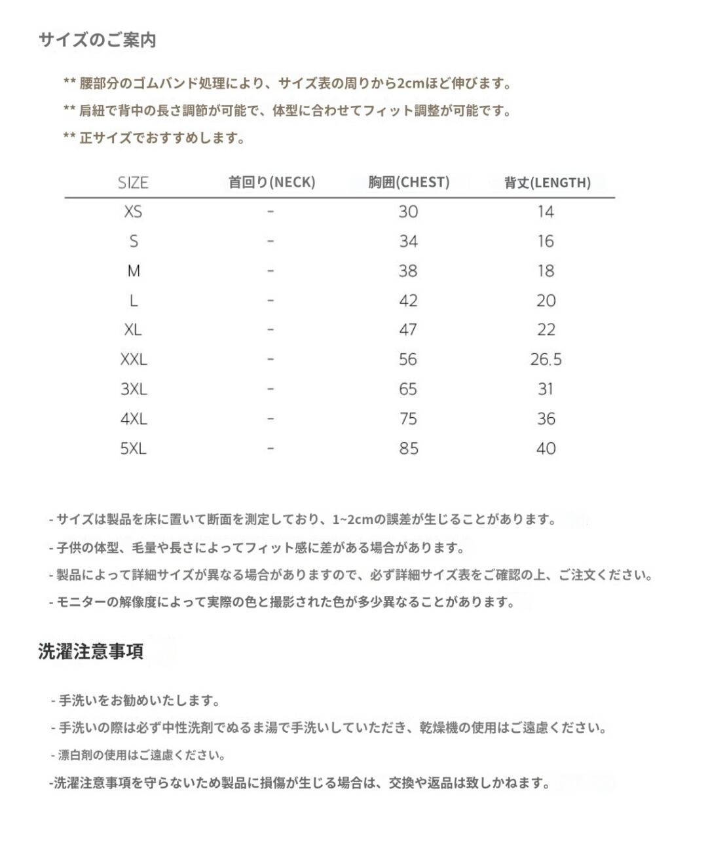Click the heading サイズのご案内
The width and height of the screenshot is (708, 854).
tap(97, 40)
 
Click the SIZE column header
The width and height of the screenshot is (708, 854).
tap(133, 183)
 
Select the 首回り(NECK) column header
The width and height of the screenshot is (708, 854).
tap(271, 182)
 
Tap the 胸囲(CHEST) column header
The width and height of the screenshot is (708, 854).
tap(409, 182)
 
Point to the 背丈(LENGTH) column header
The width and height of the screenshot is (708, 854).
tap(547, 183)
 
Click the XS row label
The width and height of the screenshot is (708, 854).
tap(133, 212)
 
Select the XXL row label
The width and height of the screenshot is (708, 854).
tap(134, 360)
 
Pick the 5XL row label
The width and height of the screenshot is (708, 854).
tap(134, 449)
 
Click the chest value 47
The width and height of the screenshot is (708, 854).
tap(408, 330)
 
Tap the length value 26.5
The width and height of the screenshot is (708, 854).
tap(546, 360)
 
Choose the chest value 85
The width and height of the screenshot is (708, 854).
tap(409, 449)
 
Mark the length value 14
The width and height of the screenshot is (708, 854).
tap(546, 212)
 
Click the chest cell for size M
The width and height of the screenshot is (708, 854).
tap(408, 271)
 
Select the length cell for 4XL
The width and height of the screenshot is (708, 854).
tap(546, 419)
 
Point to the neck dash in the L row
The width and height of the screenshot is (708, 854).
tap(270, 301)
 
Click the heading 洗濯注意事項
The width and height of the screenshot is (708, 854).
tap(90, 652)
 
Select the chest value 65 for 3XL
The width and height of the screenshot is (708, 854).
tap(408, 389)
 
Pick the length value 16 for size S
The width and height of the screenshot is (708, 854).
tap(546, 242)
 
